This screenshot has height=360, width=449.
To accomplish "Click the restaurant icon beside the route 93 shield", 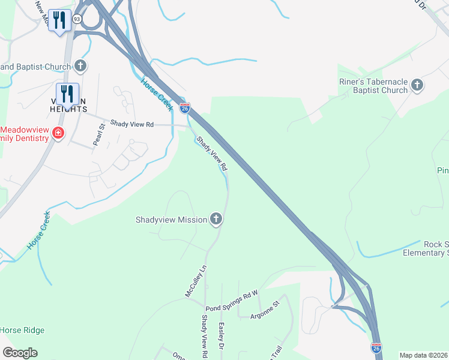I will (x=59, y=20).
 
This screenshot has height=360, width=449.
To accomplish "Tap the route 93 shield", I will (x=77, y=19).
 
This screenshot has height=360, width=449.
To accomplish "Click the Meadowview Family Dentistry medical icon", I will (x=58, y=133).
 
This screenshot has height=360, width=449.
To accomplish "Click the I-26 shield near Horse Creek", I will (x=185, y=108).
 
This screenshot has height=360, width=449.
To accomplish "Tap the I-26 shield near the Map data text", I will (x=376, y=347).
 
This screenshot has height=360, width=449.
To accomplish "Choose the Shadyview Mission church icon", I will (x=216, y=220).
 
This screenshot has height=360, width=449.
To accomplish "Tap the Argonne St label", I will (x=264, y=313).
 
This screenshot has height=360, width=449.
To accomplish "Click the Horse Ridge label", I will (x=22, y=330).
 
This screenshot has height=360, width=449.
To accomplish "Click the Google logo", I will (x=20, y=353).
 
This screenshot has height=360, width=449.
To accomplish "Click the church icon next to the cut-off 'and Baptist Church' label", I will (x=82, y=66).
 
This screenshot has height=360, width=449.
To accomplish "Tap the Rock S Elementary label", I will (x=435, y=249).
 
